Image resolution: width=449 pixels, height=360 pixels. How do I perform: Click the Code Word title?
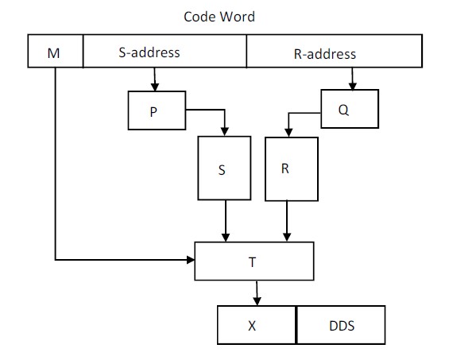click(x=219, y=17)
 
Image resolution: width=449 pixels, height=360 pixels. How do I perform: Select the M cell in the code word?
click(x=56, y=51)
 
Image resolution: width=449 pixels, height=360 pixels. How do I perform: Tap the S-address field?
click(x=165, y=51)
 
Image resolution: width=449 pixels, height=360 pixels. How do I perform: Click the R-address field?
click(x=335, y=51)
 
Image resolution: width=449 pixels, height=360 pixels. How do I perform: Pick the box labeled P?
click(x=157, y=110)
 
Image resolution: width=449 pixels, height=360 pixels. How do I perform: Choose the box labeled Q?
click(x=350, y=109)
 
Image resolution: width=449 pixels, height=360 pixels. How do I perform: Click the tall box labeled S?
click(x=224, y=168)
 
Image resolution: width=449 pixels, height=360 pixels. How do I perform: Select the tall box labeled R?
click(x=292, y=169)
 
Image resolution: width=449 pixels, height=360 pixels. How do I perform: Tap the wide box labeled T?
click(x=254, y=261)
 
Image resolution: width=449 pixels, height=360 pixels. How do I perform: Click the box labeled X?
click(x=257, y=325)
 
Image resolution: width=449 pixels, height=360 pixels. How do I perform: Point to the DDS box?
click(x=341, y=325)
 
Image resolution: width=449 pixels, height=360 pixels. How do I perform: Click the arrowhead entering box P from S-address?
click(x=155, y=87)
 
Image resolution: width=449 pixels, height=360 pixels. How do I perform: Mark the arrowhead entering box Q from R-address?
click(x=353, y=86)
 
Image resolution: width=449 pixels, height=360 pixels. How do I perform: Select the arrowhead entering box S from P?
click(x=225, y=132)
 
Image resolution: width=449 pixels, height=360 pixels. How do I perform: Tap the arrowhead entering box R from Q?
click(x=288, y=133)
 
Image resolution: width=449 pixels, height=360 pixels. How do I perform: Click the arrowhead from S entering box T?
click(x=226, y=238)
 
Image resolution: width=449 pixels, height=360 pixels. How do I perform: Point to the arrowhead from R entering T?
click(x=287, y=238)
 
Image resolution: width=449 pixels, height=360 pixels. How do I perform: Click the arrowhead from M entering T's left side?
click(x=191, y=260)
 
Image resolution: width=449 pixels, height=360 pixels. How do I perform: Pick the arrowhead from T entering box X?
click(x=257, y=301)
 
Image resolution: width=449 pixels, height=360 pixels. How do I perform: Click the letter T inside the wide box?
click(x=252, y=262)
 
